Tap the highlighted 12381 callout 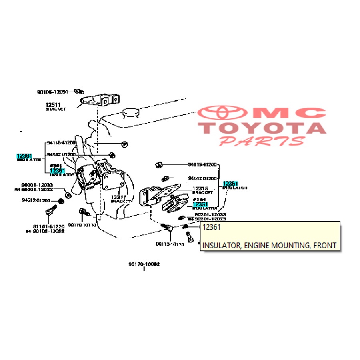pos(24,156)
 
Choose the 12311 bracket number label pos(119,197)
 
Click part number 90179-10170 pos(170,244)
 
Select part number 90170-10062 pos(144,264)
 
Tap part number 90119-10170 pos(82,225)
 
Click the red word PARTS pos(262,141)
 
